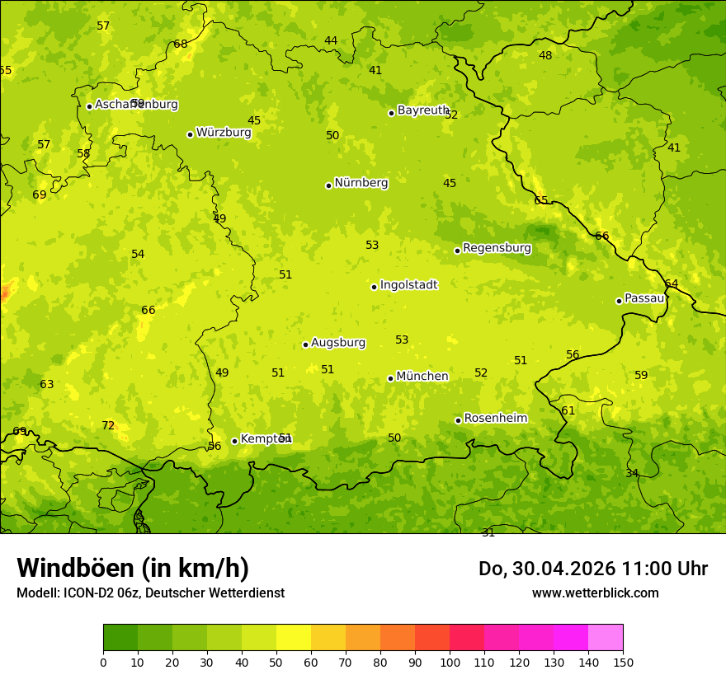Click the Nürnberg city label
tap(361, 183)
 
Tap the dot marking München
tap(390, 378)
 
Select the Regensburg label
tap(497, 248)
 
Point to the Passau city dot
tap(619, 301)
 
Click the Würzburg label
tap(223, 133)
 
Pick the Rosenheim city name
tap(495, 419)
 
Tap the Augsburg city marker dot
tap(305, 344)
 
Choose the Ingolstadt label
tap(408, 285)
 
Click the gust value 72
tap(108, 426)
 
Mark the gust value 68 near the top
tap(181, 45)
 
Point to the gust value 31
tap(488, 533)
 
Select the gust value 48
tap(545, 56)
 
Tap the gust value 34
tap(632, 474)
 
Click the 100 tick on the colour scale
tap(450, 662)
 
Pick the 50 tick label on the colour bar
tap(276, 662)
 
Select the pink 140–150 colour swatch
tap(606, 638)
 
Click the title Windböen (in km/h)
tap(132, 568)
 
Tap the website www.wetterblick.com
tap(595, 593)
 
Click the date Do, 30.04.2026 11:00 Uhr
tap(592, 569)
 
